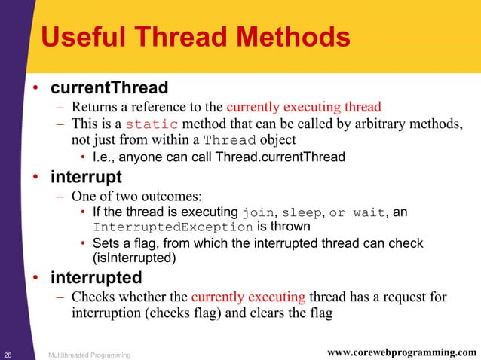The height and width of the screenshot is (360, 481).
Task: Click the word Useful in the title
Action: point(77,38)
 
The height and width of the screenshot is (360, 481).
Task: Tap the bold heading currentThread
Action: point(109,88)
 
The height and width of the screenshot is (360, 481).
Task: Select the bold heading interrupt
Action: point(85,178)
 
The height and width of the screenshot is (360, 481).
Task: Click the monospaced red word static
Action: point(152,124)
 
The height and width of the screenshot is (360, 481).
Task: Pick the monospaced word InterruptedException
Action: point(173,227)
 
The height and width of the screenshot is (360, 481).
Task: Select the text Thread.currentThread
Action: point(280,157)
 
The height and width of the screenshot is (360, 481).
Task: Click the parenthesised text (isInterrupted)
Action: point(135,257)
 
